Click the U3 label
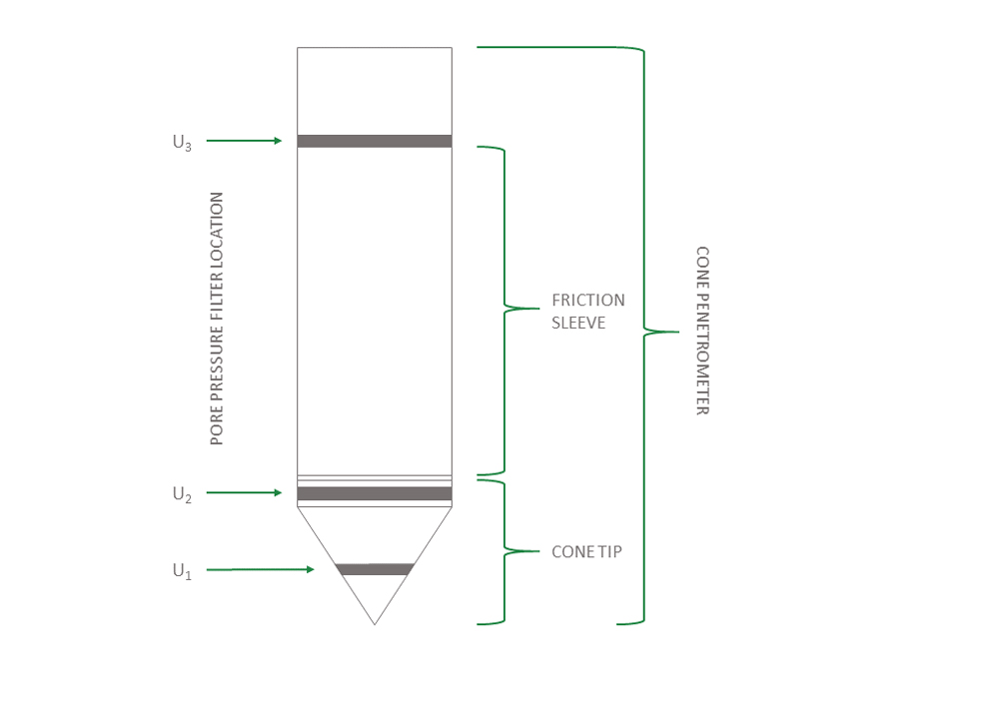coord(181,143)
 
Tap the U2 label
coord(181,493)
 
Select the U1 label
coord(181,571)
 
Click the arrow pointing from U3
coord(245,142)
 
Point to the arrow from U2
coord(245,492)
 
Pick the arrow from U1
coord(260,569)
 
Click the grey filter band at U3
coord(375,141)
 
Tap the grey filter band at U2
coord(375,493)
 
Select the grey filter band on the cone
coord(375,569)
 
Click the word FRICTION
coord(588,300)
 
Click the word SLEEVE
coord(578,323)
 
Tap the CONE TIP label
coord(586,551)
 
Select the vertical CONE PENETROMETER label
coord(702,331)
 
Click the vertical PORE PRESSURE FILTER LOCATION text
coord(217,319)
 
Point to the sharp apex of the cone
coord(375,624)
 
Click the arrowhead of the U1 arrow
coord(310,569)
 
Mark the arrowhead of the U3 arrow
coord(279,142)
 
